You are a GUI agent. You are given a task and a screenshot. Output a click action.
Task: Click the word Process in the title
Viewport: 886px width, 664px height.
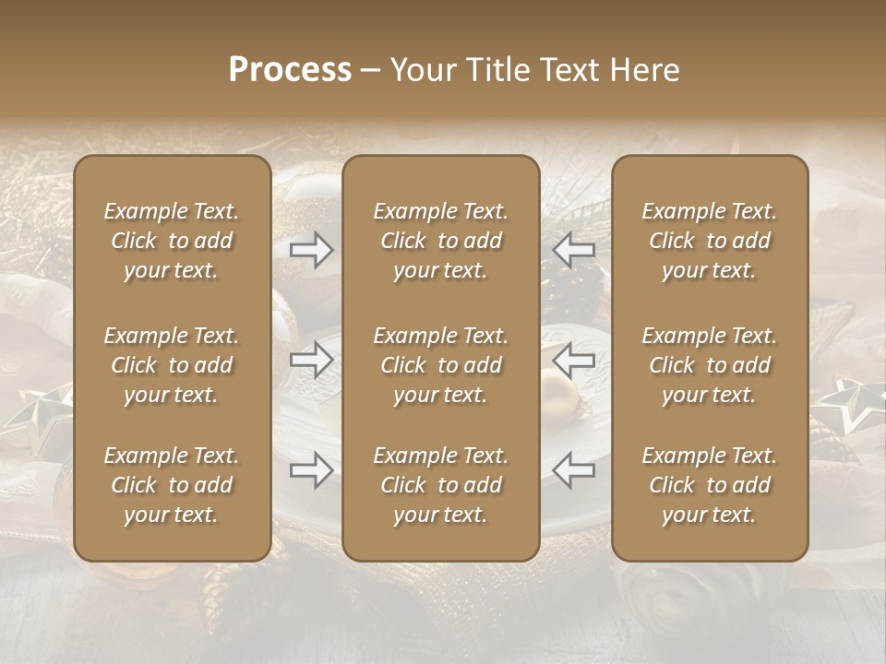click(x=290, y=70)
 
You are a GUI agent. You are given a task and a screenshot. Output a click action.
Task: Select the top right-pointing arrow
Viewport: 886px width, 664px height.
click(x=312, y=250)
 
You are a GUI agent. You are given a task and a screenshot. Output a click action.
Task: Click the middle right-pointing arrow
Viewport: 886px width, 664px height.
click(x=312, y=361)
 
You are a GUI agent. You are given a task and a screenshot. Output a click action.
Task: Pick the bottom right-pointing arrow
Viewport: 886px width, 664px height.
click(x=312, y=470)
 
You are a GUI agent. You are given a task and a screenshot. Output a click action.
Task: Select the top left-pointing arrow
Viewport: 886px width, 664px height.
click(x=573, y=250)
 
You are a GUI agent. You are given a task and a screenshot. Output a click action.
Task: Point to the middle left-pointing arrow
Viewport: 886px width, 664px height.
click(x=573, y=361)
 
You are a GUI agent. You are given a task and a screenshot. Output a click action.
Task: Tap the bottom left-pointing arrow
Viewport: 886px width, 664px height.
click(x=573, y=470)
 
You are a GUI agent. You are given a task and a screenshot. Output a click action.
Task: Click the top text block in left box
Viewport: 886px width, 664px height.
click(x=172, y=241)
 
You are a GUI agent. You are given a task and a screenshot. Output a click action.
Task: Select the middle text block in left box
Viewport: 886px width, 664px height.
click(x=172, y=365)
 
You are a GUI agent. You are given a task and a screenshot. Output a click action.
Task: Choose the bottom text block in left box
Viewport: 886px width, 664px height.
click(x=172, y=485)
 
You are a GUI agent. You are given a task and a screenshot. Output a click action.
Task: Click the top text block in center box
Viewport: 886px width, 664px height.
click(x=440, y=241)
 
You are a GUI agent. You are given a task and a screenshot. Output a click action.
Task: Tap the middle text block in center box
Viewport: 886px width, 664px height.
click(x=440, y=365)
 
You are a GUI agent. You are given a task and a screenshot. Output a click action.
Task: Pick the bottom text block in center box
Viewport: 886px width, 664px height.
click(x=440, y=485)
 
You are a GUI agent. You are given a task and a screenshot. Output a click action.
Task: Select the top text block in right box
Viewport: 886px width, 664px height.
click(x=709, y=241)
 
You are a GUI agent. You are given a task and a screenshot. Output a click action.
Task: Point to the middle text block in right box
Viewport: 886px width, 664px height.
click(x=709, y=365)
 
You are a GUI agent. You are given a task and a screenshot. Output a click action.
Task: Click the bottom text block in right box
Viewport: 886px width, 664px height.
click(x=709, y=485)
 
